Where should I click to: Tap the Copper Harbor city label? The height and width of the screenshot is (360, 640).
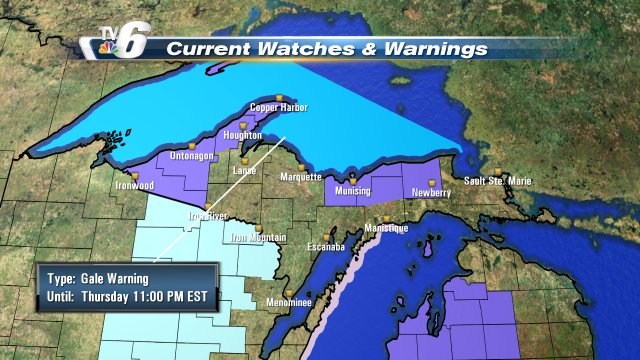tap(279, 108)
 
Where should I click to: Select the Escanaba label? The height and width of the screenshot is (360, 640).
tap(325, 246)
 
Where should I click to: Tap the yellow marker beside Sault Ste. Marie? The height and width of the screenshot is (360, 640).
tap(498, 170)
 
